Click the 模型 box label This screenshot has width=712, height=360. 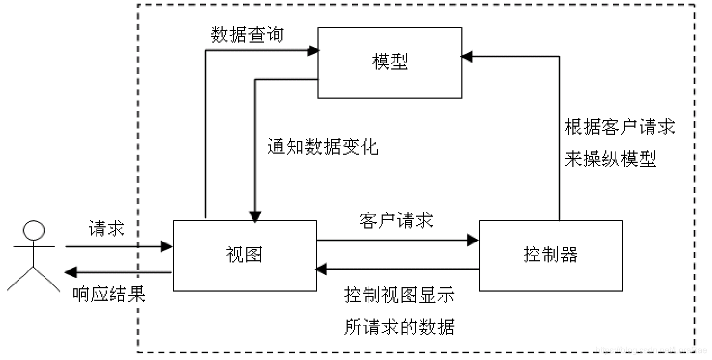pyautogui.click(x=390, y=62)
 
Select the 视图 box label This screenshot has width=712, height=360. pyautogui.click(x=244, y=254)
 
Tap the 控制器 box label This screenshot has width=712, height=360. pyautogui.click(x=550, y=254)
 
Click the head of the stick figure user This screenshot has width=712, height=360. pyautogui.click(x=33, y=231)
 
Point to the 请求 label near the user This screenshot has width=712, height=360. pyautogui.click(x=106, y=229)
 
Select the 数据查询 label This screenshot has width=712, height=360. pyautogui.click(x=247, y=36)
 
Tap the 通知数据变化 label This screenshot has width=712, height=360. pyautogui.click(x=322, y=147)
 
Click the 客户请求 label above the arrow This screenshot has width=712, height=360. pyautogui.click(x=396, y=220)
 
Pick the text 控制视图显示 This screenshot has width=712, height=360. pyautogui.click(x=399, y=295)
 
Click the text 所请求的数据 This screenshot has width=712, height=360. pyautogui.click(x=399, y=327)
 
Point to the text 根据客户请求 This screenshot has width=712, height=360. pyautogui.click(x=619, y=128)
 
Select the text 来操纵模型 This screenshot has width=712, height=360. pyautogui.click(x=610, y=160)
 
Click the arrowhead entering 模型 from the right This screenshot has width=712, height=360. pyautogui.click(x=467, y=56)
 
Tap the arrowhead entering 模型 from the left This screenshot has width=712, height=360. pyautogui.click(x=313, y=51)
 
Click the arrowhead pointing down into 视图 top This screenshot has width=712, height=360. pyautogui.click(x=254, y=216)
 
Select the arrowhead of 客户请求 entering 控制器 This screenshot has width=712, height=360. pyautogui.click(x=474, y=240)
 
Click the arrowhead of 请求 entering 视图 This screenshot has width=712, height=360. pyautogui.click(x=167, y=246)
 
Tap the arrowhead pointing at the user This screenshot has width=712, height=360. pyautogui.click(x=69, y=272)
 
